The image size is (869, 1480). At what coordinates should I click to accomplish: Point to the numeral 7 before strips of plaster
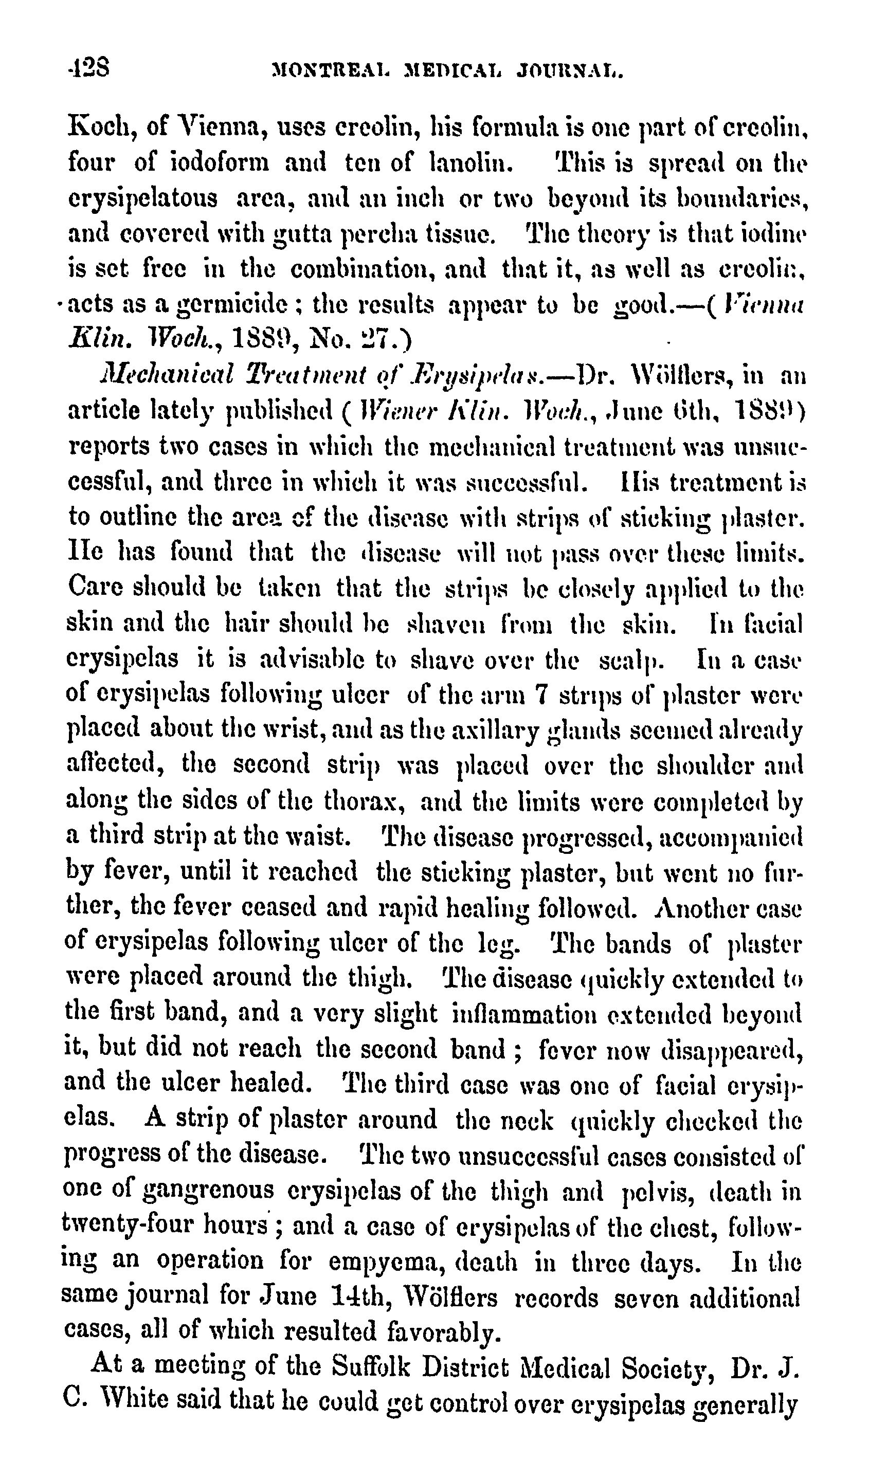pyautogui.click(x=542, y=696)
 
